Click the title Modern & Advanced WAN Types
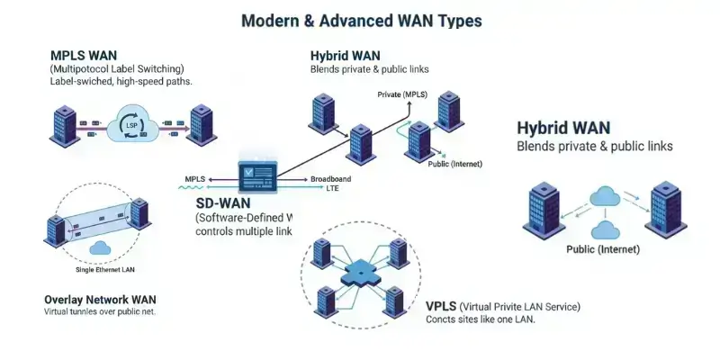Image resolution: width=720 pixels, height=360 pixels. point(360,20)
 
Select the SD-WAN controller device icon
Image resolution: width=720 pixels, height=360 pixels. point(256,172)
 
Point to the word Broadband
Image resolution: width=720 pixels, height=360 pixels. point(330,179)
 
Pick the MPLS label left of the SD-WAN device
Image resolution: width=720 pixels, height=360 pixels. point(195,179)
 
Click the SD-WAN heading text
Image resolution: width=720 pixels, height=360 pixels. point(223,204)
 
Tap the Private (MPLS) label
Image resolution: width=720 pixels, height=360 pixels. point(401,94)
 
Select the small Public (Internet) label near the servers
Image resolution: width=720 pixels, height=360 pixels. point(454,164)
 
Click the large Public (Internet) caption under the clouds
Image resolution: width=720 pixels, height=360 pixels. point(602,248)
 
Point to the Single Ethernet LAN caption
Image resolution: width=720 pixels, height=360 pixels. point(99,270)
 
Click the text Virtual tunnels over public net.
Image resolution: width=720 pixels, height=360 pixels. point(106,312)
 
